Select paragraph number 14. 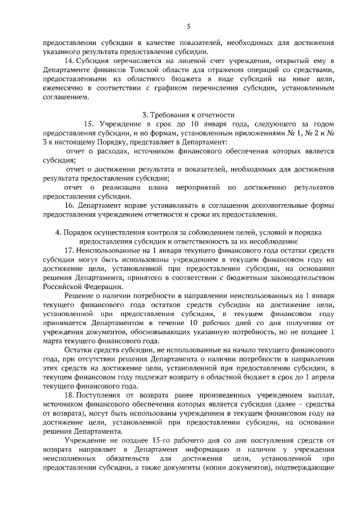point(70,60)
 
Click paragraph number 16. point(70,205)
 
